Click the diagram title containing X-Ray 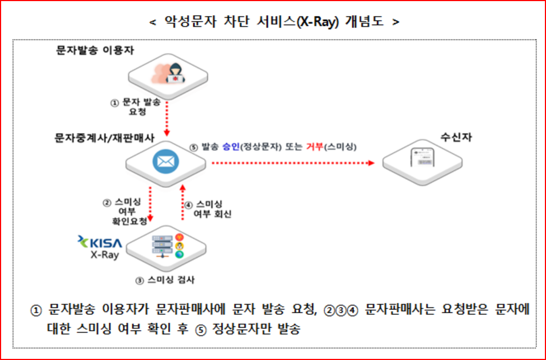[x=274, y=22]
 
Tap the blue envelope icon [x=165, y=163]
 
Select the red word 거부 [x=315, y=147]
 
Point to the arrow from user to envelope [x=165, y=118]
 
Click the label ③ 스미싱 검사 [x=165, y=280]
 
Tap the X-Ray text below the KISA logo [x=104, y=256]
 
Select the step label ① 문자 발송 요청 [x=136, y=106]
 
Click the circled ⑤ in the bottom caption [x=200, y=330]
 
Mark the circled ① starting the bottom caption [x=36, y=310]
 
